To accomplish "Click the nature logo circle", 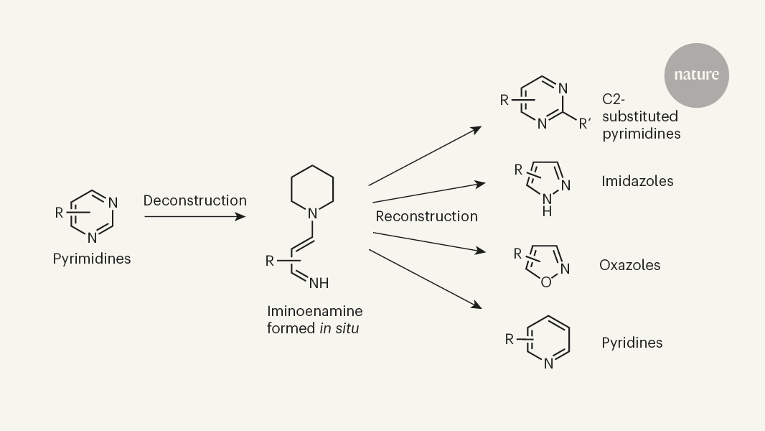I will click(695, 75).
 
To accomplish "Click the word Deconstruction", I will click(194, 200).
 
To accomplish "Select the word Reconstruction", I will click(426, 216).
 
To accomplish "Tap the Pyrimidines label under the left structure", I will click(92, 259).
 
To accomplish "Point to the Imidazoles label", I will click(637, 181).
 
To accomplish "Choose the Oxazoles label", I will click(629, 265).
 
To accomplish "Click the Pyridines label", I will click(632, 343).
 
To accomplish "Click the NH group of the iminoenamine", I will click(319, 283).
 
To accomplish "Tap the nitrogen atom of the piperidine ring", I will click(312, 213).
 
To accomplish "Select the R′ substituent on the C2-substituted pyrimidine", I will click(586, 123).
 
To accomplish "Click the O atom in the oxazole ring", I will click(546, 282).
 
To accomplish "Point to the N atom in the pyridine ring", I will click(548, 364).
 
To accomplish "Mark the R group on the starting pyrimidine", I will click(60, 213).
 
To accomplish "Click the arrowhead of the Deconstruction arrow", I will click(242, 215).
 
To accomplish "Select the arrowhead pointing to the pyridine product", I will click(477, 306).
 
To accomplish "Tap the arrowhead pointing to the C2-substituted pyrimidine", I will click(477, 129).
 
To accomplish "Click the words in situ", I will click(339, 328).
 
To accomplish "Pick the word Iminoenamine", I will click(314, 311).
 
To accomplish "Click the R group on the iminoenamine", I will click(270, 261).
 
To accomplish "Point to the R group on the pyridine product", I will click(510, 339).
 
